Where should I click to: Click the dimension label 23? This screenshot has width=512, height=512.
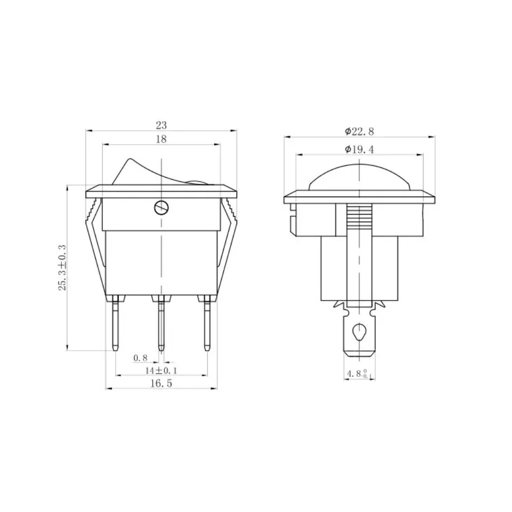(161, 125)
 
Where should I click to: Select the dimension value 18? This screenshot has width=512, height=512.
(161, 139)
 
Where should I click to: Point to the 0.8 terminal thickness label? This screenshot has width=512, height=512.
(140, 358)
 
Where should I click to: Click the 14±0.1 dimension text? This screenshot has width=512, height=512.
(161, 371)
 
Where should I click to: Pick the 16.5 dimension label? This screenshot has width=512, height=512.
(161, 383)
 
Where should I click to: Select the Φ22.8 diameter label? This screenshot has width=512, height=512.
(359, 132)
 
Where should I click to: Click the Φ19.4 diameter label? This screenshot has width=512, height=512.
(359, 150)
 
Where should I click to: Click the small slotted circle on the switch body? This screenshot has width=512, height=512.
(161, 207)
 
